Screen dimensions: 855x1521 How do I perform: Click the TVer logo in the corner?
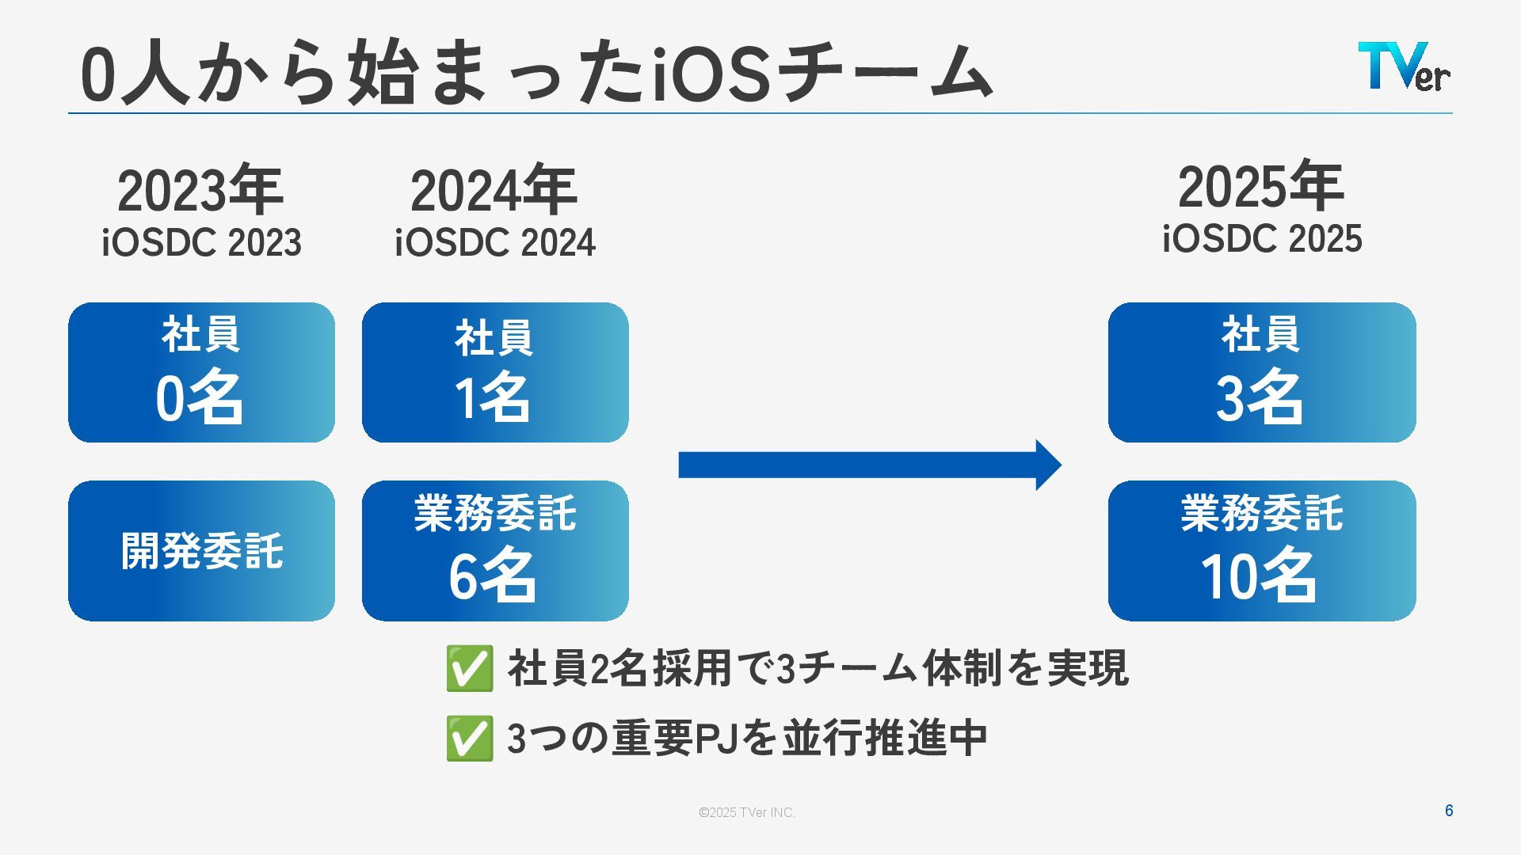tap(1403, 66)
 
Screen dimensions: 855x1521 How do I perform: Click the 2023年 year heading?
tap(200, 191)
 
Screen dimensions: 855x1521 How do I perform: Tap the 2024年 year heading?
tap(494, 191)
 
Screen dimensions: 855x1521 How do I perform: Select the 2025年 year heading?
tap(1260, 187)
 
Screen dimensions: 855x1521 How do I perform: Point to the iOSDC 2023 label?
tap(201, 242)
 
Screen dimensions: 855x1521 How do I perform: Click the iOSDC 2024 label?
tap(495, 242)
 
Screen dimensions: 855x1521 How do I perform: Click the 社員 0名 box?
tap(201, 372)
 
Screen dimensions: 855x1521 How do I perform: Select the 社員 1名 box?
tap(495, 372)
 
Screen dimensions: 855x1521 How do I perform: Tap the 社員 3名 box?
tap(1262, 372)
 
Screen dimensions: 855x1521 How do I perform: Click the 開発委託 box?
tap(201, 551)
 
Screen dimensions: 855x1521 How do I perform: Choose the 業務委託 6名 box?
tap(495, 551)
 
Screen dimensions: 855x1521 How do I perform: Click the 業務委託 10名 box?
tap(1262, 551)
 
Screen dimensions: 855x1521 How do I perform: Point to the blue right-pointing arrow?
tap(869, 465)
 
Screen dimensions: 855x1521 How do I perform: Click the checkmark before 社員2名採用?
tap(469, 669)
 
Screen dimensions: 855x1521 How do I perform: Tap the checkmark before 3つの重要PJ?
tap(469, 739)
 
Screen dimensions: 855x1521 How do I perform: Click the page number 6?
tap(1449, 811)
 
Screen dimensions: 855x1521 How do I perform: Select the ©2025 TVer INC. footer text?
tap(746, 812)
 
